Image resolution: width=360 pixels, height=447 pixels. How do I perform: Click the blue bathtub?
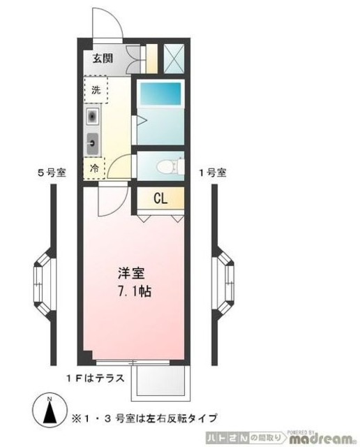(x=159, y=94)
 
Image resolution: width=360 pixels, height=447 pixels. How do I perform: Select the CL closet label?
(x=160, y=198)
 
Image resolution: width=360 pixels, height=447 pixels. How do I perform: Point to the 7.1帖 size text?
(x=131, y=288)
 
